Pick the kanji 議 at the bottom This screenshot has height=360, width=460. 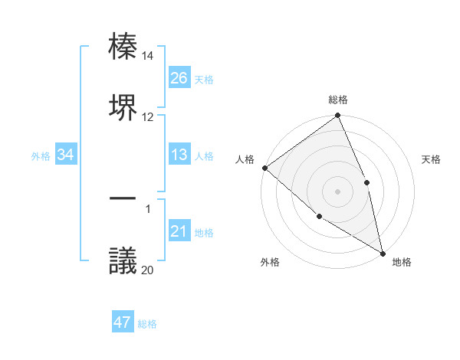(x=123, y=260)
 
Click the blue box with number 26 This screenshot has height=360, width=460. (x=179, y=78)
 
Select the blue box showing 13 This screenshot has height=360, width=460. (x=179, y=155)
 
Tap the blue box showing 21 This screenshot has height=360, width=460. (x=179, y=231)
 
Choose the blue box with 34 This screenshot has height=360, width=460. (x=66, y=155)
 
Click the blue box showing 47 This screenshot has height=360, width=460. (x=123, y=322)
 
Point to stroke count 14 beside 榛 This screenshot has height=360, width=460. (x=148, y=56)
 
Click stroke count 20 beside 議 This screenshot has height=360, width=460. (x=148, y=270)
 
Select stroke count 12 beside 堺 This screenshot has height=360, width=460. (x=148, y=116)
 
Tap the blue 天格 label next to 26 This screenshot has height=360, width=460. (x=204, y=79)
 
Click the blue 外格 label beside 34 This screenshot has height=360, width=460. (x=41, y=155)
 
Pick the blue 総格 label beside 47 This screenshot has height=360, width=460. (x=147, y=324)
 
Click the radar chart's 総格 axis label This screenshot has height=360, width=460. (x=338, y=100)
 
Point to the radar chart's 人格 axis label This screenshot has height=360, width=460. (x=245, y=159)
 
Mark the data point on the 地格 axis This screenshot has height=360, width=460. (x=383, y=252)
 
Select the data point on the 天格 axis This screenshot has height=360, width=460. (x=366, y=182)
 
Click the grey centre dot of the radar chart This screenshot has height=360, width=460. (x=337, y=191)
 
